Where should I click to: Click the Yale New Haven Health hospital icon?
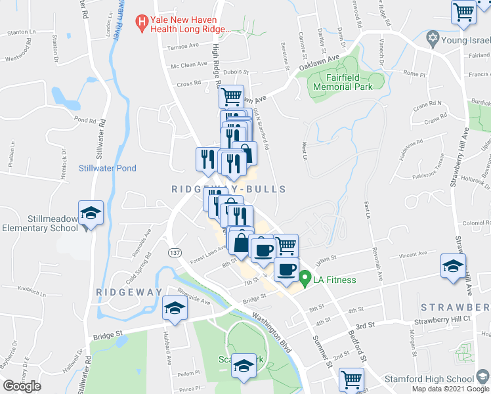(140, 24)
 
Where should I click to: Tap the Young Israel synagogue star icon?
(432, 39)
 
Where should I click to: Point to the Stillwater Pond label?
(108, 168)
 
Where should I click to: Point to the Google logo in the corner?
(22, 385)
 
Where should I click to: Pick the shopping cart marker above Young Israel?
(464, 12)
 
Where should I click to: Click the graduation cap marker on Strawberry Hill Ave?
(452, 265)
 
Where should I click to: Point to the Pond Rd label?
(85, 120)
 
